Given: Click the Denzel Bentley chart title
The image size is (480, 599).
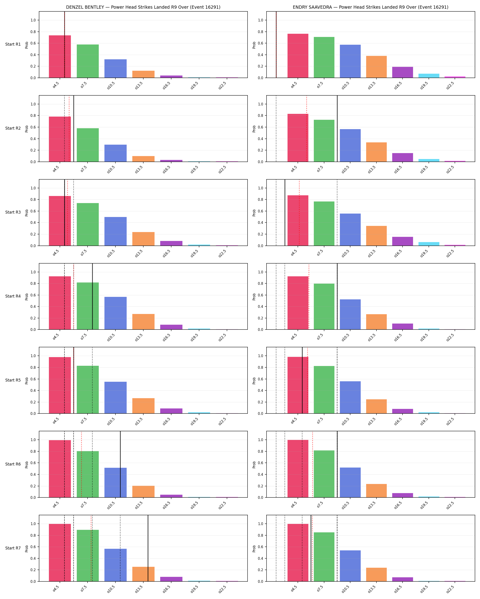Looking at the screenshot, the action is (143, 7).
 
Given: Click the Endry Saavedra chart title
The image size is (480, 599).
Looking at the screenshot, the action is (370, 7).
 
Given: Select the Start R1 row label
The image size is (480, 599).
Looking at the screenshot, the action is (13, 44).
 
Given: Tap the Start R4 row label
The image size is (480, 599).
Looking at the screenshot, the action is (13, 296).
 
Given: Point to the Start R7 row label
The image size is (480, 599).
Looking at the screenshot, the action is (13, 548).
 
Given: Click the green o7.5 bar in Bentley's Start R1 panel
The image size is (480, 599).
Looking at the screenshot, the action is (88, 61).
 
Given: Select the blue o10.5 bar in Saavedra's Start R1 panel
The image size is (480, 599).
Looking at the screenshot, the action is (350, 61).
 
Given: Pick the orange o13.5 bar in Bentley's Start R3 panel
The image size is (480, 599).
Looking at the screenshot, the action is (143, 239).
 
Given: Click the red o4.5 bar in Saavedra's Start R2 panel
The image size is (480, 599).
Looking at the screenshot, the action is (298, 138).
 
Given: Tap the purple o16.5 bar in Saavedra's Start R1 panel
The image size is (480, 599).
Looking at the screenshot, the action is (402, 72).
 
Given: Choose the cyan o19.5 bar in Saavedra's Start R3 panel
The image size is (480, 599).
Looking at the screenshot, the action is (429, 244).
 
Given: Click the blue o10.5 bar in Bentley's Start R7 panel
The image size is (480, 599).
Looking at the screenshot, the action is (115, 565).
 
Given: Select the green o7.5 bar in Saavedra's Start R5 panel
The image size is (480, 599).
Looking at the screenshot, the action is (324, 390).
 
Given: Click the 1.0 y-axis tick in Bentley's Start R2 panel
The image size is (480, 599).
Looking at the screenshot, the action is (33, 104).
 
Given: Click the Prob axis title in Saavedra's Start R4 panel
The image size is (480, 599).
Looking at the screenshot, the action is (254, 297).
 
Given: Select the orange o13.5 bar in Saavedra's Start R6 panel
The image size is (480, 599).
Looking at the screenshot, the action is (376, 491).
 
